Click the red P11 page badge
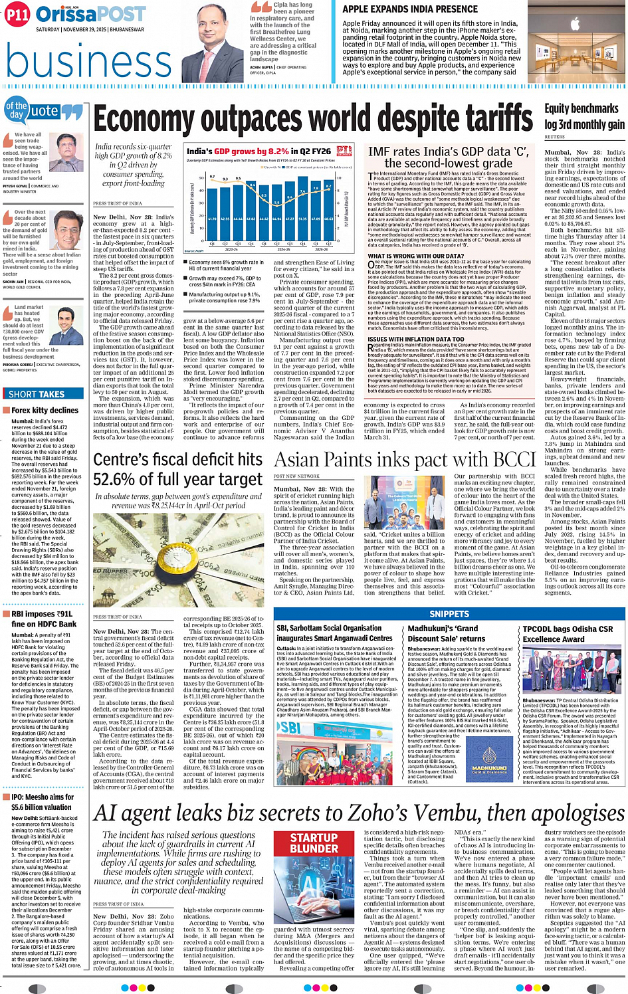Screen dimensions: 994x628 pyautogui.click(x=17, y=15)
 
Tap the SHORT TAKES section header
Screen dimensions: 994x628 pyautogui.click(x=37, y=394)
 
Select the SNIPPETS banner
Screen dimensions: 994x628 pyautogui.click(x=449, y=614)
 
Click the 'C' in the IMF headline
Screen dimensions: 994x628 pyautogui.click(x=520, y=151)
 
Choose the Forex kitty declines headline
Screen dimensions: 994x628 pyautogui.click(x=45, y=411)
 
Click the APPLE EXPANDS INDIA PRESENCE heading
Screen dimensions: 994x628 pyautogui.click(x=409, y=9)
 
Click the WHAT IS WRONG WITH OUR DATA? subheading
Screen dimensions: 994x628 pyautogui.click(x=416, y=256)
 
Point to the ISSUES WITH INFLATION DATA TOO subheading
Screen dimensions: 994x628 pyautogui.click(x=416, y=339)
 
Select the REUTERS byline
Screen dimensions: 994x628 pyautogui.click(x=554, y=138)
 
